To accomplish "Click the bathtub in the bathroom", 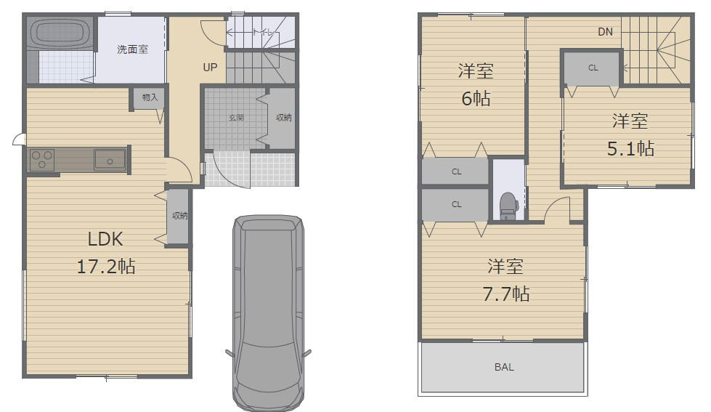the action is pyautogui.click(x=60, y=33).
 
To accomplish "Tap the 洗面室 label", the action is pyautogui.click(x=132, y=49).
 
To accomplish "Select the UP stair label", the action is pyautogui.click(x=210, y=67).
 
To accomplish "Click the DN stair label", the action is pyautogui.click(x=606, y=32).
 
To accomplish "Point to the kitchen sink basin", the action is pyautogui.click(x=110, y=160).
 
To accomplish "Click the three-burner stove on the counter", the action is pyautogui.click(x=41, y=160).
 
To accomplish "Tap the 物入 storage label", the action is pyautogui.click(x=150, y=97).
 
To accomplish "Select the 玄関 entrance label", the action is pyautogui.click(x=236, y=118).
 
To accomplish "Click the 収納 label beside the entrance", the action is pyautogui.click(x=284, y=118).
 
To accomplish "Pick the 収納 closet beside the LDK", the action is pyautogui.click(x=179, y=217).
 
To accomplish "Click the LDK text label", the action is pyautogui.click(x=105, y=239).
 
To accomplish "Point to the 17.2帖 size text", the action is pyautogui.click(x=106, y=267).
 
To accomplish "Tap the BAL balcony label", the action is pyautogui.click(x=504, y=367).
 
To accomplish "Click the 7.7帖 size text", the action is pyautogui.click(x=506, y=294).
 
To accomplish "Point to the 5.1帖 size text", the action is pyautogui.click(x=630, y=149).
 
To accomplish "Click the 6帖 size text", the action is pyautogui.click(x=476, y=99).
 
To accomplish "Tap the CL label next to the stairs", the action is pyautogui.click(x=593, y=68).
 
